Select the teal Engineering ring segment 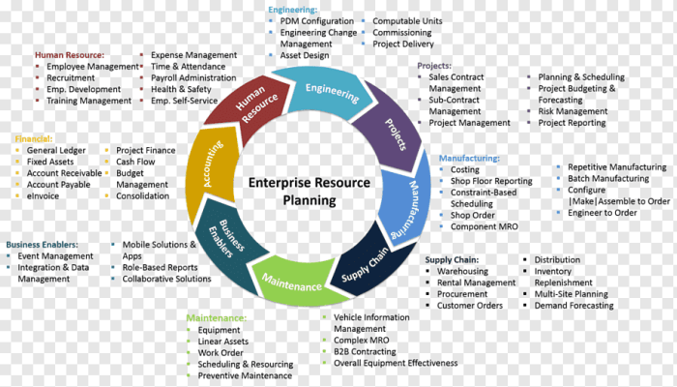(332, 90)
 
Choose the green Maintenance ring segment (290, 286)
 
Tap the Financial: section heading (33, 138)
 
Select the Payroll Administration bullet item (193, 77)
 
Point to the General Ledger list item (57, 151)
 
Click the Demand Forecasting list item (574, 306)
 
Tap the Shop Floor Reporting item (490, 181)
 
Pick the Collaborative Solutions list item (166, 279)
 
